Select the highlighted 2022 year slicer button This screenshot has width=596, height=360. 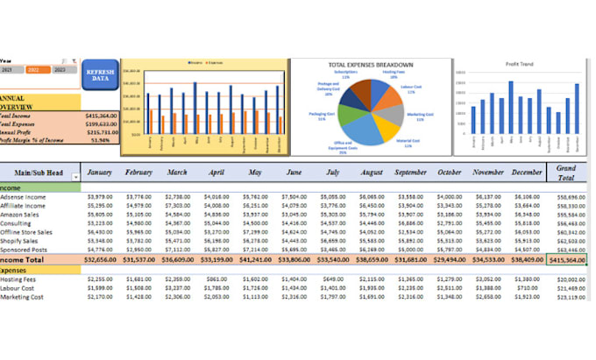click(x=36, y=69)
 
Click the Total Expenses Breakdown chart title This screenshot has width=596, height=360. click(x=370, y=65)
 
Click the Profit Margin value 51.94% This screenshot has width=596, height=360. click(x=99, y=139)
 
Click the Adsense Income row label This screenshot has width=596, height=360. click(x=25, y=197)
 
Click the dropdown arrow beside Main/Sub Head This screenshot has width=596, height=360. click(x=74, y=178)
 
